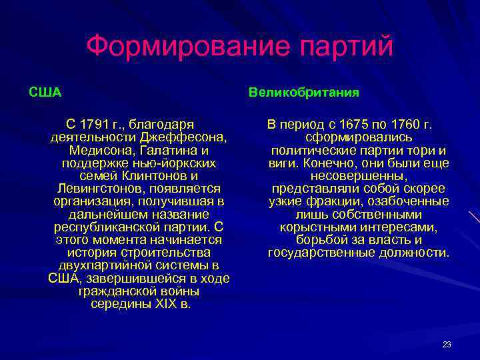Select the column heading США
[45, 92]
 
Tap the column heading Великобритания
[304, 92]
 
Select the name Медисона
[105, 151]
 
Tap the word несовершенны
[359, 176]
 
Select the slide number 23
[447, 345]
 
